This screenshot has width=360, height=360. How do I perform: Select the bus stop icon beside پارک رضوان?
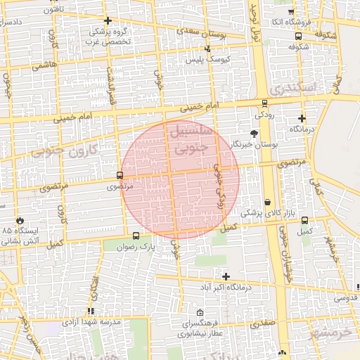coord(135,237)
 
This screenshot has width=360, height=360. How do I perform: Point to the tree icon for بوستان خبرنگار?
coord(254,133)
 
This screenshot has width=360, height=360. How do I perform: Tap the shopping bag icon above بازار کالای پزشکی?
coord(267,202)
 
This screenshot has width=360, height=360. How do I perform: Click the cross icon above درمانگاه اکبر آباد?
coord(225,276)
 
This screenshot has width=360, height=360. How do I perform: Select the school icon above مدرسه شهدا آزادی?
coord(91,311)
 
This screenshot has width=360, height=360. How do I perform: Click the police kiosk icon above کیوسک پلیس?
coord(207,49)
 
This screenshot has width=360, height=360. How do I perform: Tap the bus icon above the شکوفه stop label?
coord(298,37)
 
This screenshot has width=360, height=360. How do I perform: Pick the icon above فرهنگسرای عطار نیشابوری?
coord(200,313)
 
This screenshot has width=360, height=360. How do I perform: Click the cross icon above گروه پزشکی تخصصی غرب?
coord(107,20)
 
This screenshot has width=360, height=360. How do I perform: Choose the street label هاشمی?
coord(44,64)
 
